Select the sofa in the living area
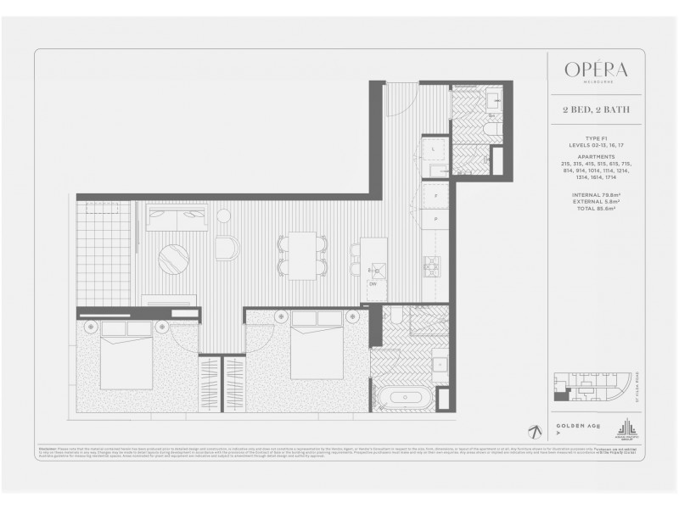pos(172,218)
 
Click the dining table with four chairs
pos(301,255)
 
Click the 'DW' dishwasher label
pos(373,285)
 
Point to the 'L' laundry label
pos(434,149)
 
